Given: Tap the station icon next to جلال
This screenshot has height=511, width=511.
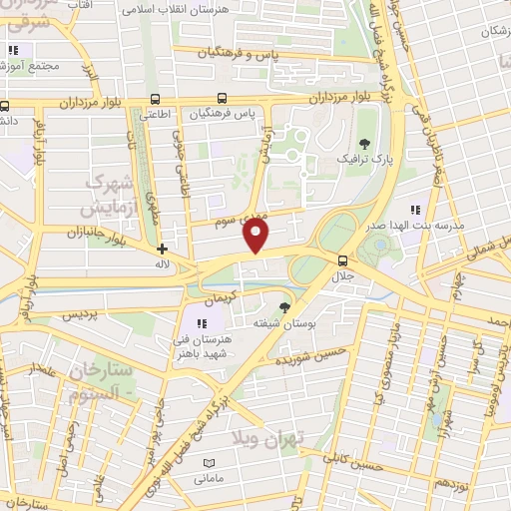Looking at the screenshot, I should (342, 259).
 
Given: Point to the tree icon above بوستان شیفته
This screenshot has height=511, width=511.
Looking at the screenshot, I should (285, 307).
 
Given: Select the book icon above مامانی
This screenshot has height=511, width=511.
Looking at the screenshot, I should (209, 463).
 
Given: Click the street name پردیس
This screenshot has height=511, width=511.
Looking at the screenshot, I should (85, 314).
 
